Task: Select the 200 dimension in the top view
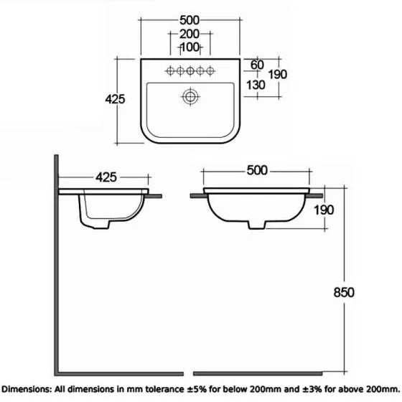pyautogui.click(x=190, y=34)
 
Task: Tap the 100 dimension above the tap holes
pyautogui.click(x=190, y=47)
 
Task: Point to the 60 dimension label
pyautogui.click(x=257, y=65)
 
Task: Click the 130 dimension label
pyautogui.click(x=255, y=85)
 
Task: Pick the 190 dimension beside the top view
pyautogui.click(x=278, y=75)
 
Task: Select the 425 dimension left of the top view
pyautogui.click(x=115, y=99)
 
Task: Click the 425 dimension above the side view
pyautogui.click(x=106, y=176)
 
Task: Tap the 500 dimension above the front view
pyautogui.click(x=256, y=170)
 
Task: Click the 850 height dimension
pyautogui.click(x=345, y=292)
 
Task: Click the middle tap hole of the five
pyautogui.click(x=190, y=70)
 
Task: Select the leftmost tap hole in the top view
pyautogui.click(x=171, y=70)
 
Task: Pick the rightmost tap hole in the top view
pyautogui.click(x=210, y=70)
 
